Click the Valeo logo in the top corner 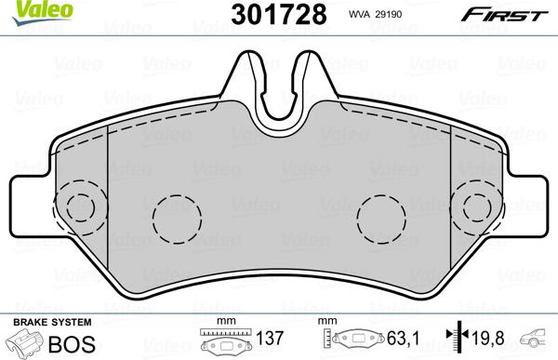point(42,11)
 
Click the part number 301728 point(279,15)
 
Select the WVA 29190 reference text point(375,14)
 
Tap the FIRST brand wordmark point(505,15)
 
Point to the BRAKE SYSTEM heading point(52,322)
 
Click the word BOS point(72,344)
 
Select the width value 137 point(270,339)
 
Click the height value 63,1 point(404,339)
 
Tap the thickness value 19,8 point(488,339)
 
